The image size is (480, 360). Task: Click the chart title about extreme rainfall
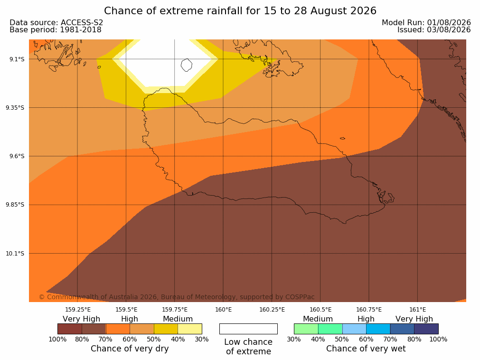(x=240, y=11)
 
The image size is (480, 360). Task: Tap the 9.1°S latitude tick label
(x=17, y=59)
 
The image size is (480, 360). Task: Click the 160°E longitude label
(x=224, y=310)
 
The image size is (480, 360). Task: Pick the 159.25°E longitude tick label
(x=78, y=310)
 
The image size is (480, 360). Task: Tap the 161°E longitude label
(x=417, y=310)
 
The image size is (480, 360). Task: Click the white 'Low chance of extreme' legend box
(x=249, y=329)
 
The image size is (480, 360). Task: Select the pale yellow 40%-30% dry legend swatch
(x=190, y=329)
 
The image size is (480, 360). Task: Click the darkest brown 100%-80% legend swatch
(x=70, y=329)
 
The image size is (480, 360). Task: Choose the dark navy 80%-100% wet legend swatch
(x=426, y=329)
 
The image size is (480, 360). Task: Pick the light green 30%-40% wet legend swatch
(x=306, y=329)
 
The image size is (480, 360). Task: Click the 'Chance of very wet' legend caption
(x=366, y=349)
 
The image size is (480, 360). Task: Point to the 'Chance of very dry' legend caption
(x=130, y=349)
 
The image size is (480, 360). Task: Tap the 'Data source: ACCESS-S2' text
(x=56, y=23)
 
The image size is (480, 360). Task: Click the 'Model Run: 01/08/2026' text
(x=426, y=23)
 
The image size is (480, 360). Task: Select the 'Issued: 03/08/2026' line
(x=434, y=30)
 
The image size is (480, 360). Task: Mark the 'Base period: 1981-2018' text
(x=56, y=30)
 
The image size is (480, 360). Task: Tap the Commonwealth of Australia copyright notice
(x=177, y=297)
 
